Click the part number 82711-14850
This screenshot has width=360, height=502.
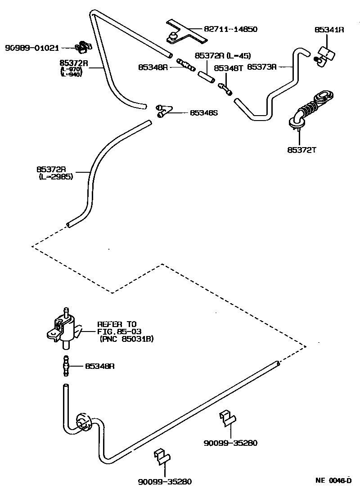[230, 30]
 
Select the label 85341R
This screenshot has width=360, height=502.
[329, 30]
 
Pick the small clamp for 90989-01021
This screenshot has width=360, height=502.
[83, 46]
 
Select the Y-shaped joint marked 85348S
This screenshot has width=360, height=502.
[163, 110]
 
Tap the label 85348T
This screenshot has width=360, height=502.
[228, 68]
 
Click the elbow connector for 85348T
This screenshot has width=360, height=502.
[225, 88]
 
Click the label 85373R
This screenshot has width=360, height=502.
[263, 67]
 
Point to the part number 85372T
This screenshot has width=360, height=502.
[302, 150]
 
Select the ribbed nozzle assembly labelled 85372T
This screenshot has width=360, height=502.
[310, 108]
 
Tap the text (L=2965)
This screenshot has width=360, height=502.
[56, 177]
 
